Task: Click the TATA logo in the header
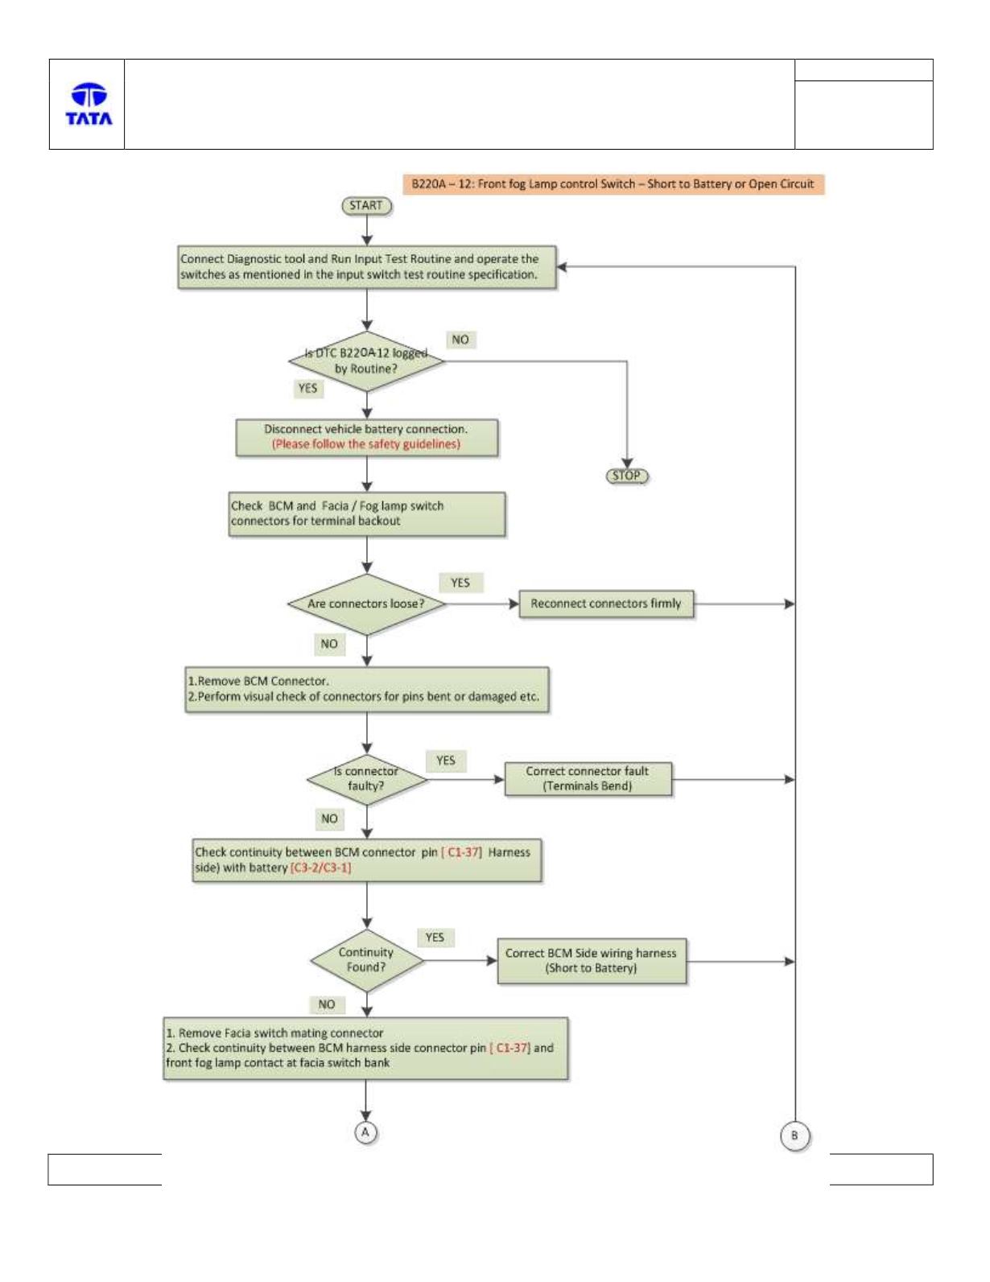tap(89, 104)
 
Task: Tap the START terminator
tap(366, 205)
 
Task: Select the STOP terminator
tap(626, 476)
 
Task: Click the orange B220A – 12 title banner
tap(613, 184)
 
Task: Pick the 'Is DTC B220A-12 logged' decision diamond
tap(366, 361)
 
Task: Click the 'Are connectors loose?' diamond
tap(366, 604)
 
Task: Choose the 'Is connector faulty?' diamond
tap(366, 779)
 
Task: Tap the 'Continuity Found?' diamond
tap(366, 960)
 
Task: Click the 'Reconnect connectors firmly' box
tap(606, 604)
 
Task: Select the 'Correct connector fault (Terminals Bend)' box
tap(588, 779)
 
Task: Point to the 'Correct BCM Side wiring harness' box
tap(591, 961)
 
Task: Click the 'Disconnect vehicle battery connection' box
tap(366, 437)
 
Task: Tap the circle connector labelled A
tap(365, 1132)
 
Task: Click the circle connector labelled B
tap(794, 1135)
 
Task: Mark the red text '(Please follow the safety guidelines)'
tap(365, 444)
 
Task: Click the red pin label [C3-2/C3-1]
tap(320, 868)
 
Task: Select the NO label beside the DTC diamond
tap(460, 340)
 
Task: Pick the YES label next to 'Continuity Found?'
tap(435, 938)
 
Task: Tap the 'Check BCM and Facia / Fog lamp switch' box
tap(366, 514)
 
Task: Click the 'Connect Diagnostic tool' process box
tap(366, 267)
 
